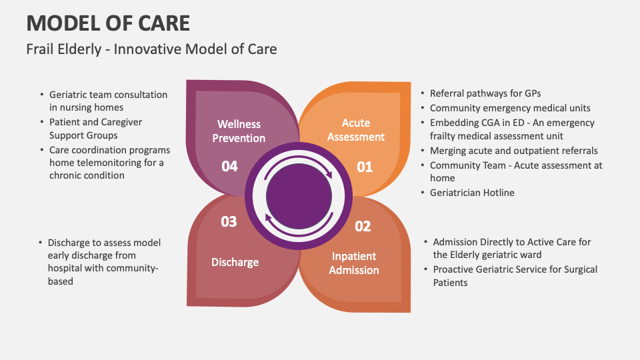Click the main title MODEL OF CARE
point(108,23)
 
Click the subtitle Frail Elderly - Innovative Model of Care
point(151,49)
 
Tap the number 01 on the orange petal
point(365,167)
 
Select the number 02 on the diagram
point(362,227)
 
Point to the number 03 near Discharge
point(229,221)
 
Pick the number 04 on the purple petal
point(229,166)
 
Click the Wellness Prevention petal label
point(239,131)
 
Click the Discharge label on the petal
point(235,262)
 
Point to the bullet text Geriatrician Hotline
point(472,193)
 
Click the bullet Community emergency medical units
point(510,108)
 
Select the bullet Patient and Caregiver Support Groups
point(95,129)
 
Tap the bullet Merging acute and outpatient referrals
point(513,151)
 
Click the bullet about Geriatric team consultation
point(108,101)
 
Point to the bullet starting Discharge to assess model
point(104,262)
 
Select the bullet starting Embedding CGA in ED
point(512,129)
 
